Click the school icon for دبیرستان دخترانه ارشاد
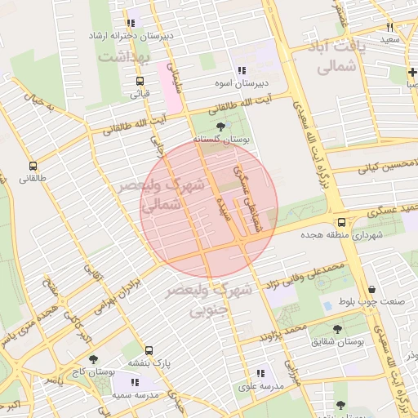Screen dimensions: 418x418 point(131,23)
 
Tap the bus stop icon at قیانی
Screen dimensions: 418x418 point(140,81)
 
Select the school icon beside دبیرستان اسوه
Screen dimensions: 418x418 point(241,70)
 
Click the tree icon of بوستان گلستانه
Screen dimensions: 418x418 point(221,126)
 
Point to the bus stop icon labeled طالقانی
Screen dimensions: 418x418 point(33,166)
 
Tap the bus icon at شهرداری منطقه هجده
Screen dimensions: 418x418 point(341,222)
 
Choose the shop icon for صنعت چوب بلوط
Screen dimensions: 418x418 point(372,289)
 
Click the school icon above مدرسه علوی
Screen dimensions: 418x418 point(260,372)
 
